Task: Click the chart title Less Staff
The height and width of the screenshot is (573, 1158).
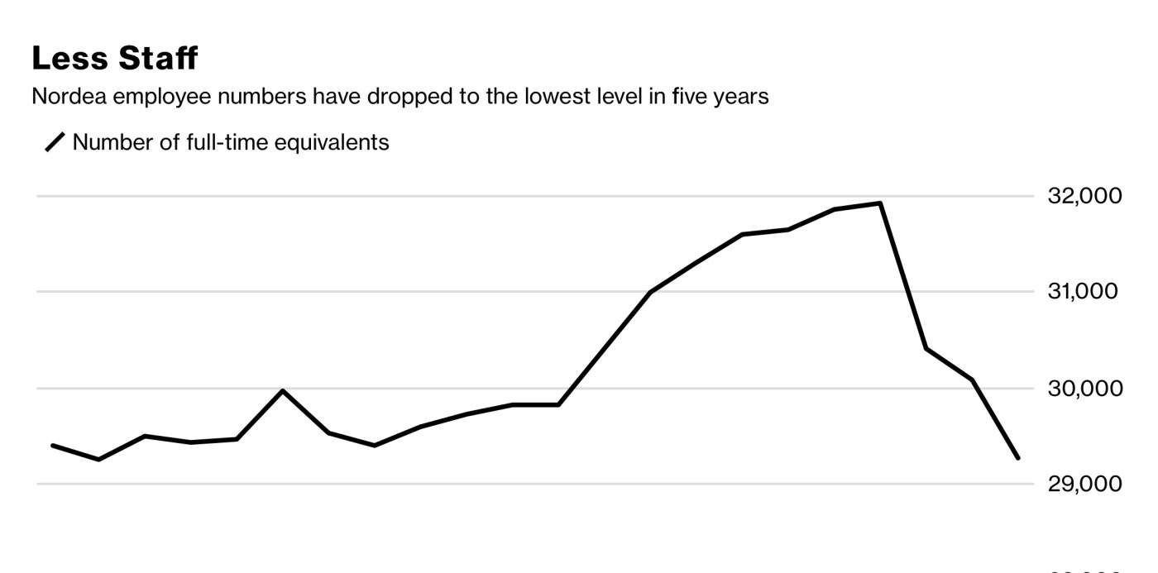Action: [115, 60]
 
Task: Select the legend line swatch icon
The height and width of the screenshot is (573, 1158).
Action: [55, 142]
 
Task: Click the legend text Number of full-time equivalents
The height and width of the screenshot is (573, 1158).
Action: [231, 142]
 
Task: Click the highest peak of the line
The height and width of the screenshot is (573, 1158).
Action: [880, 203]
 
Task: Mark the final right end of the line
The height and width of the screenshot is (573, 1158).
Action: [1017, 458]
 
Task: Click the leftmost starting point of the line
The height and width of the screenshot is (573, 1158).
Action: [53, 446]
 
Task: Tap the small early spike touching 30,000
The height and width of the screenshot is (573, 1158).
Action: [283, 390]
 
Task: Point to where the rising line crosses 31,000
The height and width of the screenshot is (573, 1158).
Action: [651, 292]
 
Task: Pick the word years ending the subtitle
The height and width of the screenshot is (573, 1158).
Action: [742, 97]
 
